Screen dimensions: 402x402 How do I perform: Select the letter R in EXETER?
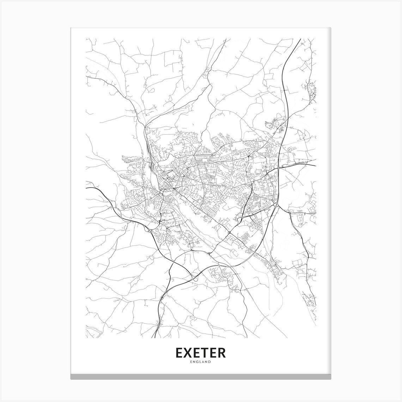tap(221, 353)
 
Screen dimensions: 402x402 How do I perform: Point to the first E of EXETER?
tap(179, 353)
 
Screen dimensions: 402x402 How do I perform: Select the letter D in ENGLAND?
tap(210, 362)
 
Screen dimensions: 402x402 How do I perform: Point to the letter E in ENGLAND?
tap(191, 362)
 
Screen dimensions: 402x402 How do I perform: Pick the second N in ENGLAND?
tap(206, 362)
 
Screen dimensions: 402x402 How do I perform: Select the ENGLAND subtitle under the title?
tap(200, 362)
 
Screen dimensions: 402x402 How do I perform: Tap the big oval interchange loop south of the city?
tap(195, 279)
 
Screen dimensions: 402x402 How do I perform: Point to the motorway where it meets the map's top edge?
tap(300, 39)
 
